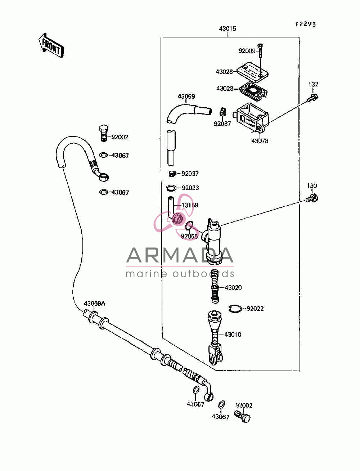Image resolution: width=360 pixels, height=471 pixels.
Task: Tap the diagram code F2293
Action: pyautogui.click(x=306, y=24)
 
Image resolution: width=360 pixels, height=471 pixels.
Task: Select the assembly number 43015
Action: pyautogui.click(x=228, y=28)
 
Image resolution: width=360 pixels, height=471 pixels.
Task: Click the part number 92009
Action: pyautogui.click(x=247, y=51)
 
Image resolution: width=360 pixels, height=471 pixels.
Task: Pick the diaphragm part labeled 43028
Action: pyautogui.click(x=253, y=91)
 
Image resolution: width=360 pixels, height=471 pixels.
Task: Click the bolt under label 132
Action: pyautogui.click(x=312, y=98)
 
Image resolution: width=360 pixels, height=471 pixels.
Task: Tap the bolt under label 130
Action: pyautogui.click(x=312, y=198)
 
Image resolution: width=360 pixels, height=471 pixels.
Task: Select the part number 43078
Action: pyautogui.click(x=260, y=141)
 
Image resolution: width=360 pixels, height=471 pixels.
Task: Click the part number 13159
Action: pyautogui.click(x=190, y=205)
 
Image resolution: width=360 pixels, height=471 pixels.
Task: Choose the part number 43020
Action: pyautogui.click(x=233, y=288)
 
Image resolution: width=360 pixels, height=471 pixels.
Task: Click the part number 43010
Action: pyautogui.click(x=233, y=334)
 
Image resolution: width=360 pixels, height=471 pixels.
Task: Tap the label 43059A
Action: pyautogui.click(x=95, y=304)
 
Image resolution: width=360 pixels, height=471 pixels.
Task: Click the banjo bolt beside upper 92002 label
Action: pyautogui.click(x=104, y=133)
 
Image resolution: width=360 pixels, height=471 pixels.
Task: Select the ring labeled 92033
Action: pyautogui.click(x=171, y=188)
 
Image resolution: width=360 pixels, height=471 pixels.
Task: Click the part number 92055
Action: pyautogui.click(x=189, y=236)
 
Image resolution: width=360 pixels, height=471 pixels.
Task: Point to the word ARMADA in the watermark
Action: pyautogui.click(x=180, y=255)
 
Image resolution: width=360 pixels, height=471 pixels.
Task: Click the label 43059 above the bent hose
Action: pyautogui.click(x=186, y=97)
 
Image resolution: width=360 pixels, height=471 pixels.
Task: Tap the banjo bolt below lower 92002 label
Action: pyautogui.click(x=242, y=417)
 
